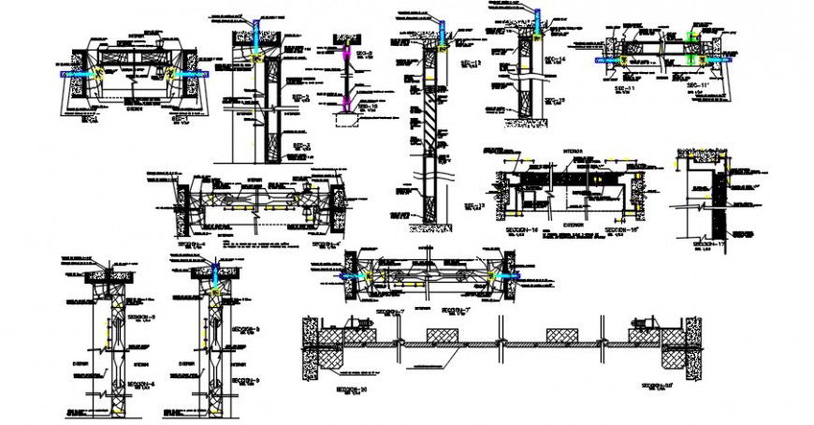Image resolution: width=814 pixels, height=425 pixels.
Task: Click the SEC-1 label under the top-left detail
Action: point(92,119)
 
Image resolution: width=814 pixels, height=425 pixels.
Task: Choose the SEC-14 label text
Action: point(557,59)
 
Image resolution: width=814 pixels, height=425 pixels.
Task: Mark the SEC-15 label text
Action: point(557,100)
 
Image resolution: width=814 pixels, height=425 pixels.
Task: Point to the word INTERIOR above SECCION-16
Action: point(573,150)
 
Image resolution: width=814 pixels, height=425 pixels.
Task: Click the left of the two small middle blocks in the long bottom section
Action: point(440,334)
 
